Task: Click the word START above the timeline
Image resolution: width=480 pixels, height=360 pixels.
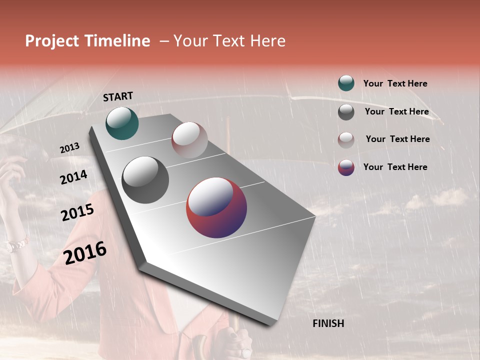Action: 118,96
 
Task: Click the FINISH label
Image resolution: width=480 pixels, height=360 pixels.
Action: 328,323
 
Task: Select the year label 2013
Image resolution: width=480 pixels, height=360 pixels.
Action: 69,148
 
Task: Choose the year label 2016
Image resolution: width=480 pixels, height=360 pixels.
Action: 85,252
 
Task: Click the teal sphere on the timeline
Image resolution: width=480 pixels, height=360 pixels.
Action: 122,123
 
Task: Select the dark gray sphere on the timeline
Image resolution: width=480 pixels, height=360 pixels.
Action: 145,180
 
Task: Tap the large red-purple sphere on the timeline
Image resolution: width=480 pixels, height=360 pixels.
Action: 216,207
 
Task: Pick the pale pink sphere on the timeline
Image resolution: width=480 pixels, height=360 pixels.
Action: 189,140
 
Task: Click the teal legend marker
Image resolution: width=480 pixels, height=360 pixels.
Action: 346,83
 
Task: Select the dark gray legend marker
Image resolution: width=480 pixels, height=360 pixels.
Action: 346,112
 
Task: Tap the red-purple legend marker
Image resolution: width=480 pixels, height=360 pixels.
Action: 346,167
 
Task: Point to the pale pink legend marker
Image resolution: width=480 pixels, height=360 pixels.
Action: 346,140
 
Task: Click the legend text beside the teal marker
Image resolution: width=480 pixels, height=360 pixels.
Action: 395,83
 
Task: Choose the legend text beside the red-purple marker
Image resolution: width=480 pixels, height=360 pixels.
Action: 395,167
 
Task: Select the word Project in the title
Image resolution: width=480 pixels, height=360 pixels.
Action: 51,41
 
